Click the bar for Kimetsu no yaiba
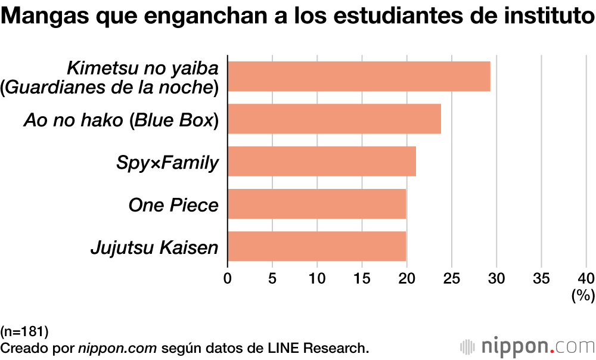(x=359, y=76)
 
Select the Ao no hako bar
(x=334, y=119)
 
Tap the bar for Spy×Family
(x=322, y=162)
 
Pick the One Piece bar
(x=317, y=204)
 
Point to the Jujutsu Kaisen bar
(x=317, y=247)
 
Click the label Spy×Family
(x=167, y=163)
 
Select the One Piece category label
(x=173, y=205)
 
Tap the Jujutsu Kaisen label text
(x=154, y=247)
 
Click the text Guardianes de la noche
(x=110, y=88)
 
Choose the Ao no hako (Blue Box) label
(x=122, y=120)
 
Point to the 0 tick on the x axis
(x=228, y=278)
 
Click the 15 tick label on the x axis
(x=362, y=278)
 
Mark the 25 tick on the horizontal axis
(x=452, y=278)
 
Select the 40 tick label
(x=586, y=278)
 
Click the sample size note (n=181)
(x=24, y=331)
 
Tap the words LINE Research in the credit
(x=326, y=347)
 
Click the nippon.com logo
(x=527, y=346)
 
